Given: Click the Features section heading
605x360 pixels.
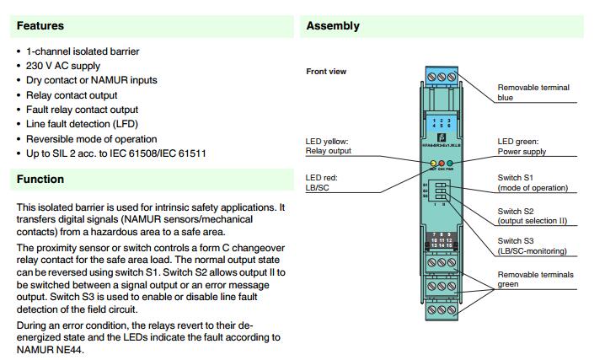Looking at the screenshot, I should (40, 26).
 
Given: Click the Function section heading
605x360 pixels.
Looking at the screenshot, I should (40, 180).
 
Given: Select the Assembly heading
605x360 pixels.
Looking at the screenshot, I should (333, 26).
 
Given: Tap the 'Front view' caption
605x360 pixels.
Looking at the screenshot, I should (326, 72).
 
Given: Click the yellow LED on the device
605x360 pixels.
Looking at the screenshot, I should (433, 163).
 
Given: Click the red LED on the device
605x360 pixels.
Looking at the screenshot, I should (442, 163).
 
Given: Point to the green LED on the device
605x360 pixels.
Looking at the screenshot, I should (450, 163).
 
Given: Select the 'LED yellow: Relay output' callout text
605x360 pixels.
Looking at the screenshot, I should (328, 146).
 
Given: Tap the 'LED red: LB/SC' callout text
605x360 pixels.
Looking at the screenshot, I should (322, 182).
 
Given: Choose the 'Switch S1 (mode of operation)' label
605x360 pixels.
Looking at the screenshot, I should (533, 183).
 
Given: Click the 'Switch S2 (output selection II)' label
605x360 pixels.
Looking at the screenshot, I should (532, 216).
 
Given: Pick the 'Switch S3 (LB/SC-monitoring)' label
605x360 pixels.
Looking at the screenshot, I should (532, 246).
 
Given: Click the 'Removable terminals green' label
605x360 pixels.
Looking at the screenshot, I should (535, 280).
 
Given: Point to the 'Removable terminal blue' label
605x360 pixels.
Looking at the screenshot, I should (533, 92).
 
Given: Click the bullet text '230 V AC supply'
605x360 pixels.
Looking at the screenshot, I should (63, 66).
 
